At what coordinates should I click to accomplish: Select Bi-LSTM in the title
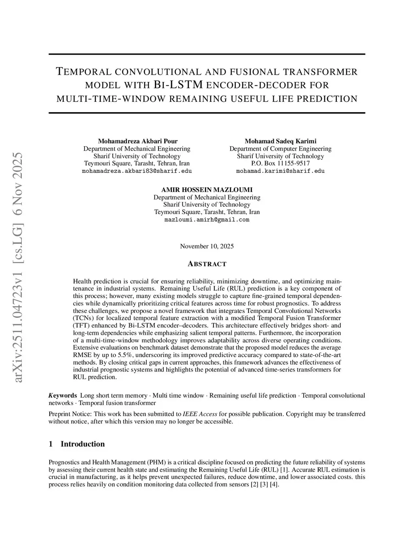tap(178, 85)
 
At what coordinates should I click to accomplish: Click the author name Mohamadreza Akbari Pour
tap(137, 141)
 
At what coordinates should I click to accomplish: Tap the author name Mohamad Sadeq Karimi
tap(280, 141)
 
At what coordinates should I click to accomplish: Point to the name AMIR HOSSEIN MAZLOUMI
tap(207, 190)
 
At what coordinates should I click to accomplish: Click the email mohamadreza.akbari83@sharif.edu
tap(137, 171)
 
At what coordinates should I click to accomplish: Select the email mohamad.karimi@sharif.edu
tap(280, 171)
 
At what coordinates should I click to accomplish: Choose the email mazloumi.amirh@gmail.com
tap(207, 220)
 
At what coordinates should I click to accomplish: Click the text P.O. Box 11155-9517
tap(280, 164)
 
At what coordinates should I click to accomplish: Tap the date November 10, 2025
tap(207, 246)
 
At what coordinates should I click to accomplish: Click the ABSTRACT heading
tap(207, 264)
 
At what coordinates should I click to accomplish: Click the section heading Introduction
tap(82, 444)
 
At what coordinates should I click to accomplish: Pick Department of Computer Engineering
tap(280, 149)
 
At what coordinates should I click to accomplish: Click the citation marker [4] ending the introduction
tap(274, 484)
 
